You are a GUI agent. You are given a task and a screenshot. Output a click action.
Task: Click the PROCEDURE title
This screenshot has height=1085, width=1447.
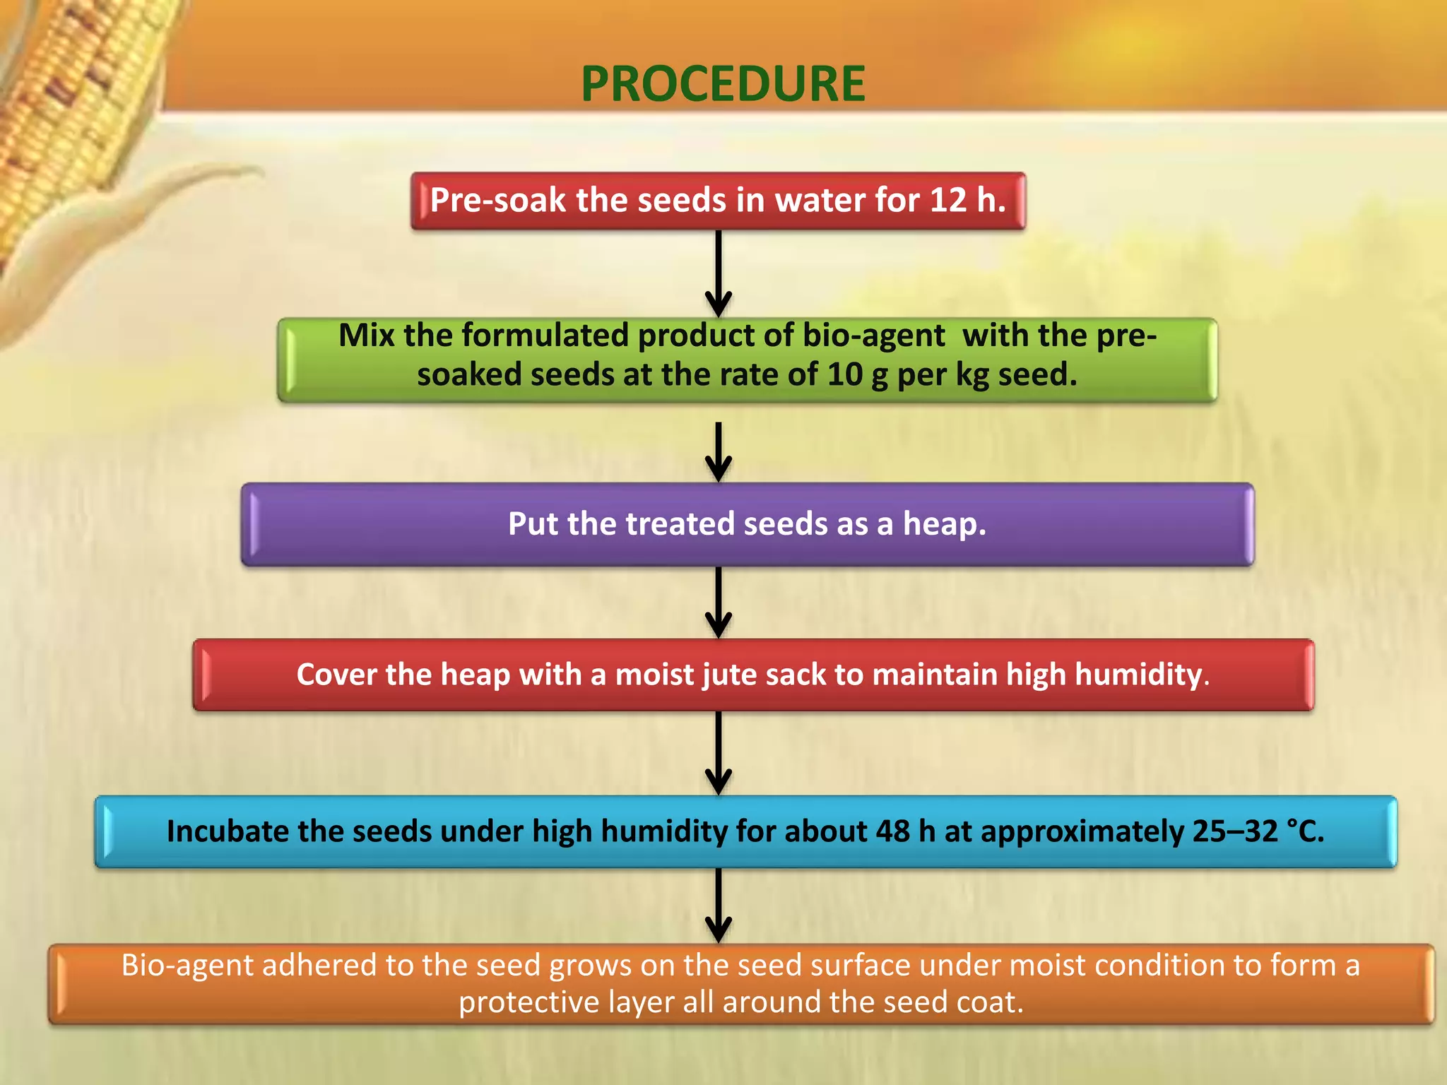(723, 84)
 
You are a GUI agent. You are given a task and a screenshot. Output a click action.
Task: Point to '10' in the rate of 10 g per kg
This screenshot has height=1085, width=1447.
(844, 374)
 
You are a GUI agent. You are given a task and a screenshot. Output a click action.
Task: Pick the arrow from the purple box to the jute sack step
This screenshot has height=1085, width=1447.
(719, 601)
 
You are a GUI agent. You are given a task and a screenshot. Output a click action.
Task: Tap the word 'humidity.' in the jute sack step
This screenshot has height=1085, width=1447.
(1142, 675)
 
